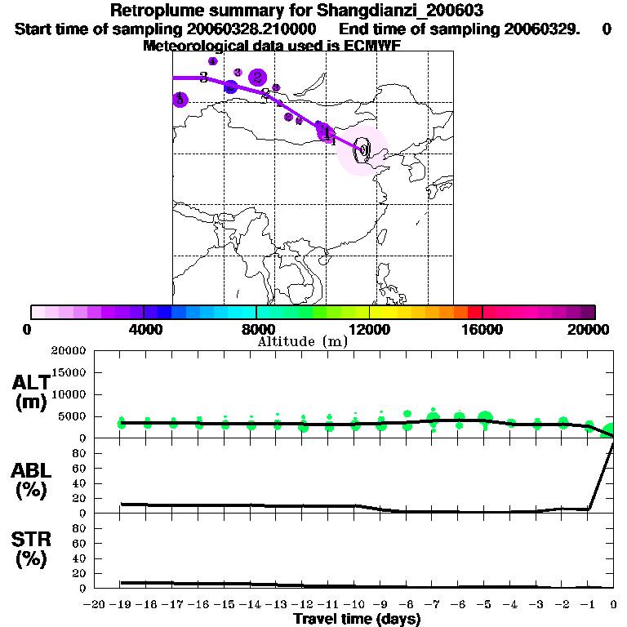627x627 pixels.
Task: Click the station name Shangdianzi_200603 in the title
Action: click(408, 12)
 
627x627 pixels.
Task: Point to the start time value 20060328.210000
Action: click(255, 29)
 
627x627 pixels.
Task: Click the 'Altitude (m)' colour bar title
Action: click(303, 341)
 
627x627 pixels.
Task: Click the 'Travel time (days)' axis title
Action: click(357, 620)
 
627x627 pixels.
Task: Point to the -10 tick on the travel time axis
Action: click(356, 604)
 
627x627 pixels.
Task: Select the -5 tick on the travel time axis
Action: click(485, 604)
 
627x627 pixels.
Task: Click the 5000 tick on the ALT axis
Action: click(73, 416)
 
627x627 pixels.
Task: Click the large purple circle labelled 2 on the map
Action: click(258, 78)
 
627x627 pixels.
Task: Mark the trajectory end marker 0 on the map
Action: click(363, 149)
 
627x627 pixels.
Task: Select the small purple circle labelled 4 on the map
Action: click(213, 61)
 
